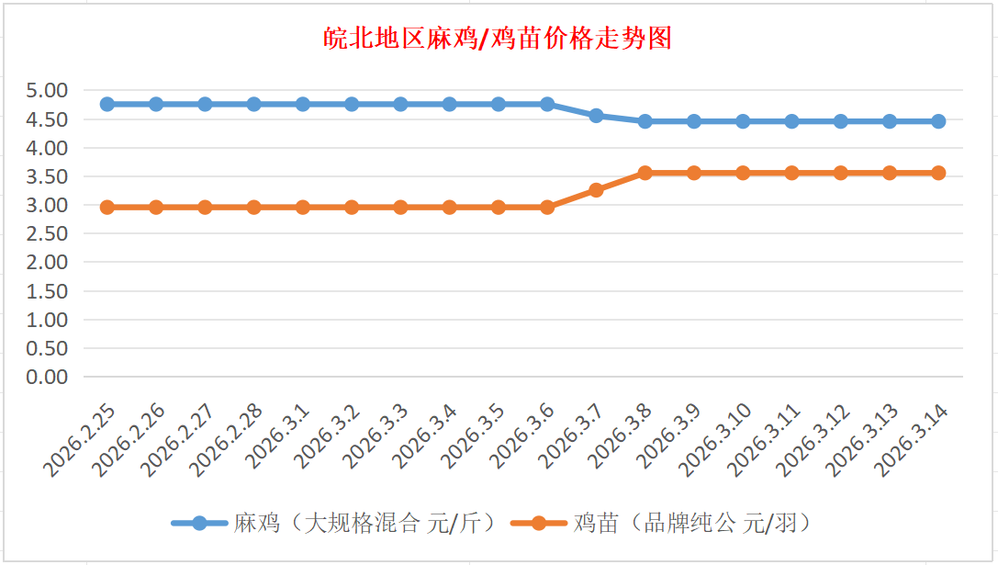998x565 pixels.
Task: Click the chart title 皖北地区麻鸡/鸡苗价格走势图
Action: click(499, 39)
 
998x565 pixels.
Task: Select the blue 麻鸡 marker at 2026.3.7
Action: click(596, 116)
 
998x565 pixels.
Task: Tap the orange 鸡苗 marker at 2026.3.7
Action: click(596, 190)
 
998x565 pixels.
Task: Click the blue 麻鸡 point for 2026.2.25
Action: click(107, 104)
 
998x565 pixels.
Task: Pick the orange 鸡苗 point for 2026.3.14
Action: click(938, 173)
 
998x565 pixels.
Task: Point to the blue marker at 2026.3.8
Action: click(645, 121)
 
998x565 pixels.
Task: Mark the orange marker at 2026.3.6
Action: click(547, 208)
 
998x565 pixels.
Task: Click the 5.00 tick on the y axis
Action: click(48, 91)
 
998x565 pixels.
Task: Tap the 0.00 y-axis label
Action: click(48, 377)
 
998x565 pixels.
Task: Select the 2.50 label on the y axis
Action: click(48, 233)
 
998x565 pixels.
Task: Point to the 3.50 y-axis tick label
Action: click(48, 176)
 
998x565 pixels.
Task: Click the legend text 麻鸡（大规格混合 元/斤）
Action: click(365, 524)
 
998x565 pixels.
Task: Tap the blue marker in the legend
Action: click(199, 524)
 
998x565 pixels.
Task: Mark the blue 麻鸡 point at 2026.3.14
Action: click(938, 121)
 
